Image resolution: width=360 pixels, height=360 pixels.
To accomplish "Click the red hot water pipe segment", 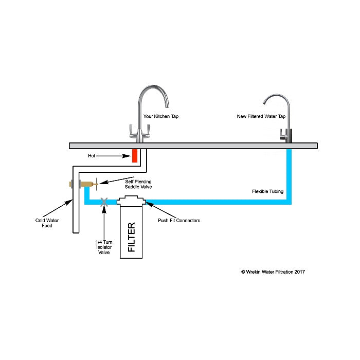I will coord(135,155).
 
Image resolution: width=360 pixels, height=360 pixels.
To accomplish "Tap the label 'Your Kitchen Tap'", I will coord(161,116).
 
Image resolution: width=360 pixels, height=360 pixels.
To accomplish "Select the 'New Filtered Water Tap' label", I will coord(260,116).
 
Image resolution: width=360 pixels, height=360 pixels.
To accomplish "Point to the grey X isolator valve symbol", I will coord(104,202).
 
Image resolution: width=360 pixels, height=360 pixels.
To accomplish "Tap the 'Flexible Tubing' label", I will coord(267,191).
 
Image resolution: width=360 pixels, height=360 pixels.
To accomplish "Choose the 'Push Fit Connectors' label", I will coord(178,221).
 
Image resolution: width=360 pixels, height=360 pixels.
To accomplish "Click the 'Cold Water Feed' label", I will coord(44,223).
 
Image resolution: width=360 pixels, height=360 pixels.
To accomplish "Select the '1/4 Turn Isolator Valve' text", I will coord(104,247).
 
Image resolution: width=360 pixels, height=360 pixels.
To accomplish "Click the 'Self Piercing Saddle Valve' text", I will coord(138,184).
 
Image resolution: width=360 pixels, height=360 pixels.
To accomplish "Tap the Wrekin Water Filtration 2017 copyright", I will coord(273,272).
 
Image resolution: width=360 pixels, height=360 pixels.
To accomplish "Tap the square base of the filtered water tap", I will coord(286,136).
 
